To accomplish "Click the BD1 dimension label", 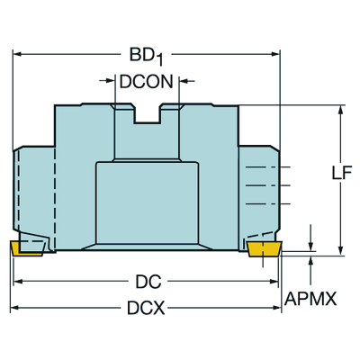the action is tap(147, 57).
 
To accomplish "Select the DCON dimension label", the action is tap(147, 82).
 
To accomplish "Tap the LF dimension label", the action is tap(342, 173).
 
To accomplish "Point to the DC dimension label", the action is tap(148, 282).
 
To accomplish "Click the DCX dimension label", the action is tap(146, 308).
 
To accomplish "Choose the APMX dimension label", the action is tap(310, 299).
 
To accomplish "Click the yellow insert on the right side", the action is tap(264, 249).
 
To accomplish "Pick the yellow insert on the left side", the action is tap(26, 248).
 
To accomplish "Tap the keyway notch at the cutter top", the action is tap(147, 114).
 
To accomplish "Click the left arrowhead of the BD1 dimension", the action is tap(17, 54).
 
